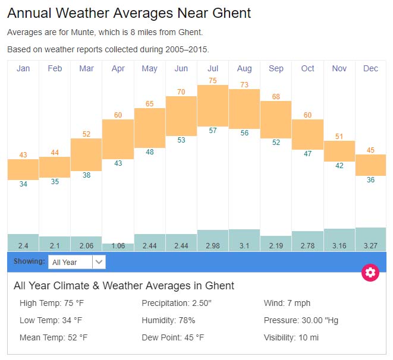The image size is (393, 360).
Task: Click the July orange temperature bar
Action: click(213, 106)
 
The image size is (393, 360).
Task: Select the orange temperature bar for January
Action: click(23, 169)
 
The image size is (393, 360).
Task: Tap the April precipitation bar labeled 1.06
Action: click(118, 247)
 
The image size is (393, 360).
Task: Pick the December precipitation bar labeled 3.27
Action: click(370, 239)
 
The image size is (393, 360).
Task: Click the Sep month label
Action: click(276, 69)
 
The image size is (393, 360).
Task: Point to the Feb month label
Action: click(55, 69)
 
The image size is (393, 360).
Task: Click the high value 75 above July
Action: click(213, 80)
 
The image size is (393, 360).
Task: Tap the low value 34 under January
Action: click(23, 184)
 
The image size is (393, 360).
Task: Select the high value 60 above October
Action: click(307, 115)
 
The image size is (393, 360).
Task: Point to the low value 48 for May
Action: click(150, 152)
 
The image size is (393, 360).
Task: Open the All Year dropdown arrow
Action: click(99, 262)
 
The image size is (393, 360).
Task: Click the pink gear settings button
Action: click(370, 273)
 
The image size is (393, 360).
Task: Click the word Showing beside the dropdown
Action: click(29, 261)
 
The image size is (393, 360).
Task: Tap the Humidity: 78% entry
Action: click(168, 320)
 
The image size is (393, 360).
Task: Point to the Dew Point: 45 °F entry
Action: click(172, 337)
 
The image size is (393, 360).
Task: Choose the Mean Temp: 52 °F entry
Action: click(54, 337)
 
